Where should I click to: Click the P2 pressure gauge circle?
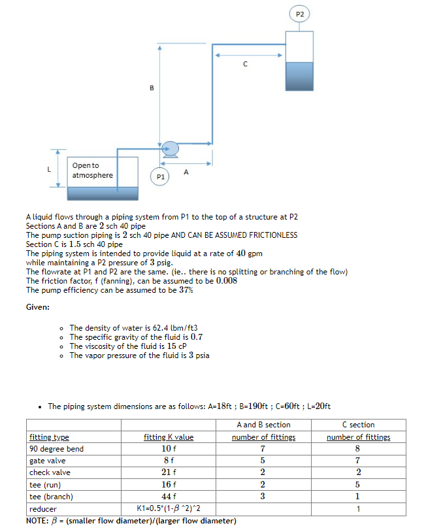[x=300, y=14]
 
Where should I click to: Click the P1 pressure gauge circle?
[x=159, y=176]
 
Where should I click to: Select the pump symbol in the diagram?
[x=170, y=150]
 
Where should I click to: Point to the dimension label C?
[x=245, y=64]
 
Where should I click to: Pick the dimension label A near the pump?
[x=186, y=173]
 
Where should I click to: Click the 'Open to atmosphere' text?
[x=92, y=171]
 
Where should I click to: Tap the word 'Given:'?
[x=38, y=307]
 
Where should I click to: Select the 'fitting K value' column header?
[x=169, y=437]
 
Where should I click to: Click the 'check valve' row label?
[x=50, y=472]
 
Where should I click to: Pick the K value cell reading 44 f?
[x=169, y=496]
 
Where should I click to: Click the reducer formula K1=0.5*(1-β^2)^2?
[x=169, y=508]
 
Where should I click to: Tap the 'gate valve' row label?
[x=47, y=461]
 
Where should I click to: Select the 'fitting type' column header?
[x=49, y=437]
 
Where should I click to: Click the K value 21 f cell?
[x=169, y=472]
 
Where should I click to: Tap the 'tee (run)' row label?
[x=44, y=484]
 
